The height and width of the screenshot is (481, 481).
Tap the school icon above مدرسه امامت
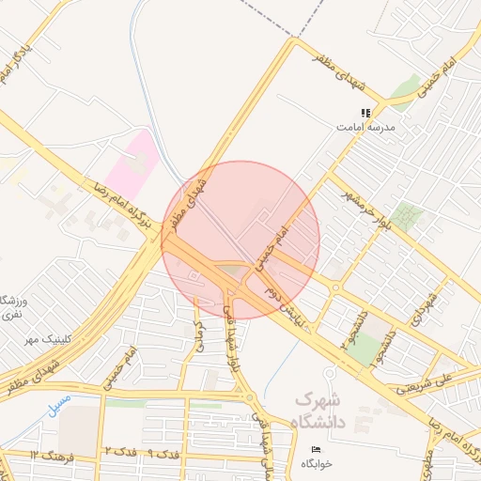[365, 113]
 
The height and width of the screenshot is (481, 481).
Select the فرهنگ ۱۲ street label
[49, 456]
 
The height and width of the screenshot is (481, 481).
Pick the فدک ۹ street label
[166, 455]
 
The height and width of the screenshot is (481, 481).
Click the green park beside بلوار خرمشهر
[406, 217]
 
